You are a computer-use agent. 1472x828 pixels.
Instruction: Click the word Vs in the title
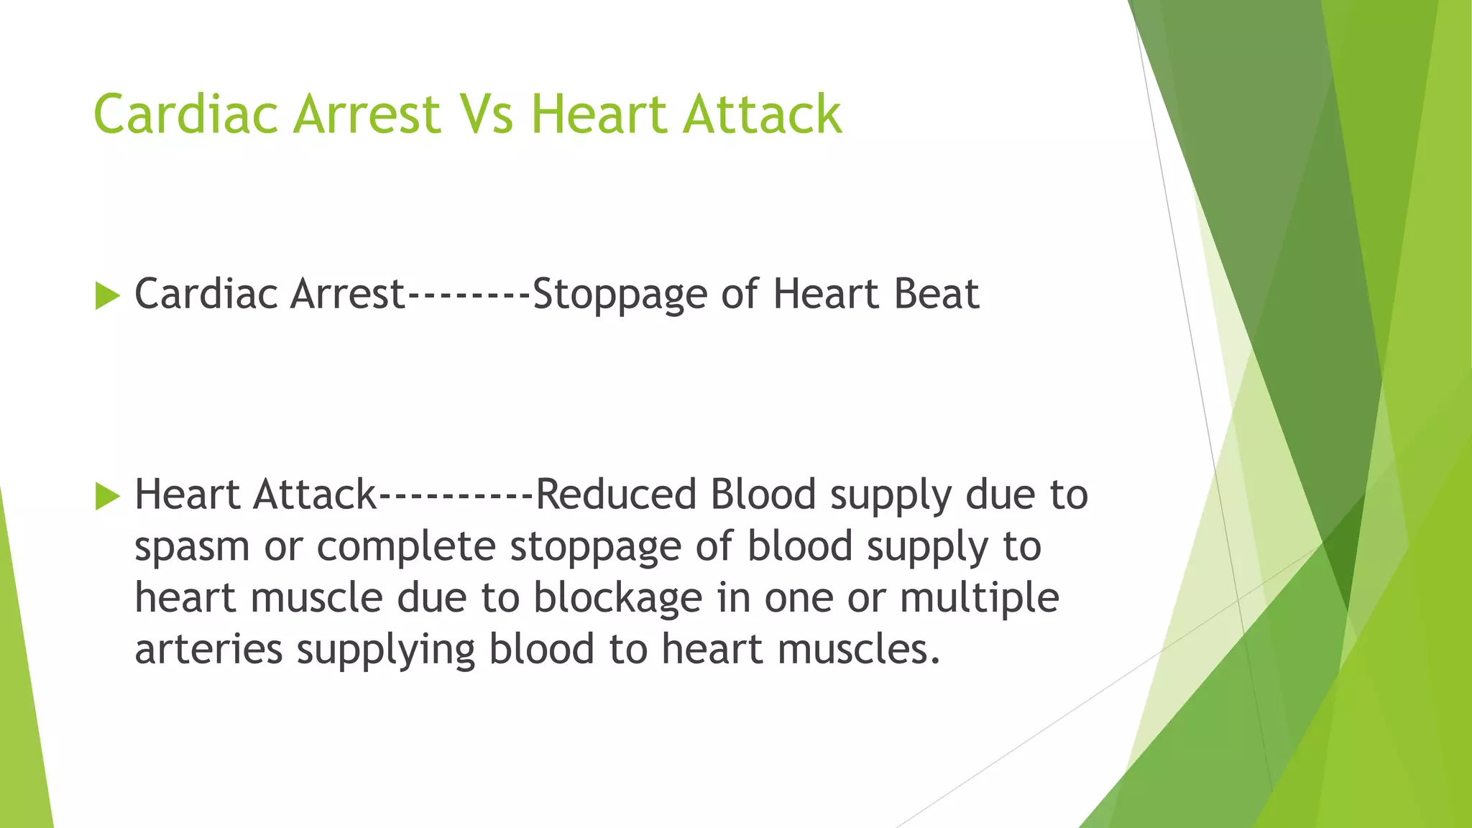(x=486, y=114)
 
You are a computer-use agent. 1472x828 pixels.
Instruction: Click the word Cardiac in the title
(x=185, y=114)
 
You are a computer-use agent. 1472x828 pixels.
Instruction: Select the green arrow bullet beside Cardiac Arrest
(x=107, y=295)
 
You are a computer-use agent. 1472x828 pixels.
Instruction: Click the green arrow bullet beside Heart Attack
(x=107, y=496)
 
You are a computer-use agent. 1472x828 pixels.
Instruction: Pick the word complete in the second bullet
(x=406, y=546)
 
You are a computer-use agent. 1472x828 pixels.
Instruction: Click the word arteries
(x=208, y=649)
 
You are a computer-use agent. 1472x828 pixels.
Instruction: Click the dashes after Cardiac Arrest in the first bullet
(x=469, y=295)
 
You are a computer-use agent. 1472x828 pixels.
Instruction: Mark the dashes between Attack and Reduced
(x=456, y=496)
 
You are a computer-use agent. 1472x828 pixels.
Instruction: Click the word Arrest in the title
(x=367, y=114)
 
